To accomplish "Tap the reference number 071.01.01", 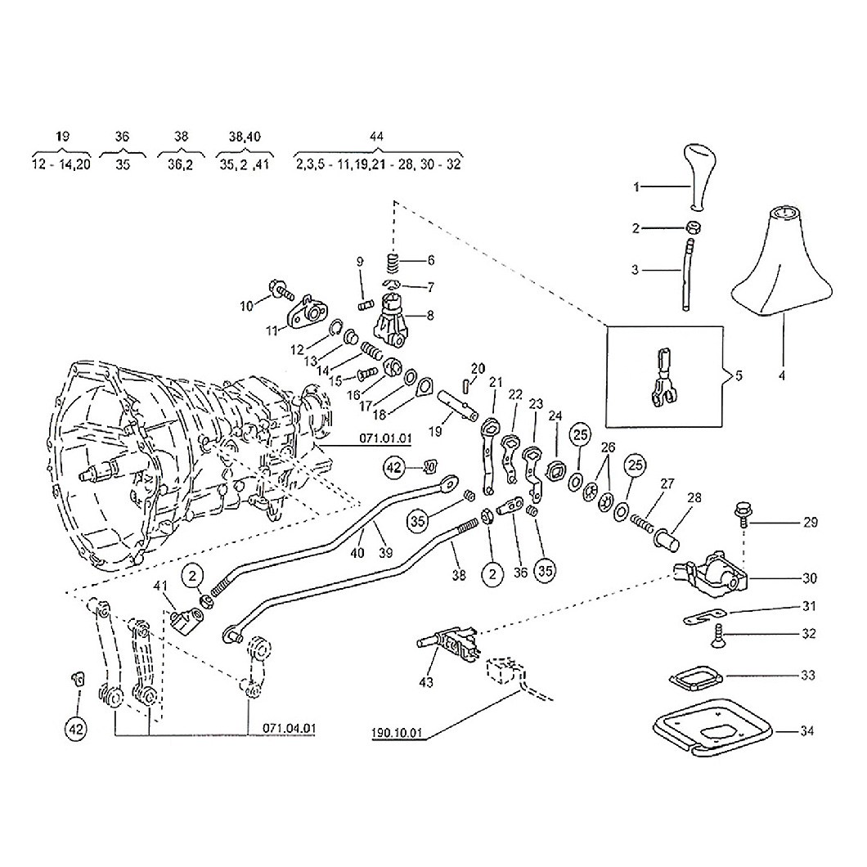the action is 385,438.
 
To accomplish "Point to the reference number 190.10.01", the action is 397,733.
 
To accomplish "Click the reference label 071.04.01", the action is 290,728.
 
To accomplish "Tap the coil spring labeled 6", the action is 393,262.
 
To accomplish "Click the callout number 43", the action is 426,682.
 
